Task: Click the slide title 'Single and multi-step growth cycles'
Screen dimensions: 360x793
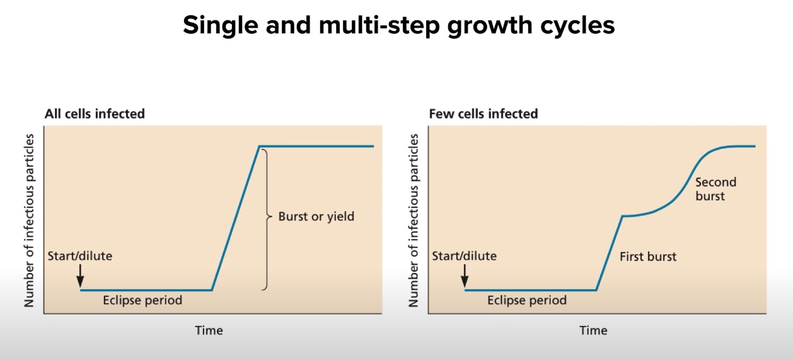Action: (398, 26)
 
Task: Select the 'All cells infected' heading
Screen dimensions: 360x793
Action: (95, 114)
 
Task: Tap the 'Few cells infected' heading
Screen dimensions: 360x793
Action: (483, 114)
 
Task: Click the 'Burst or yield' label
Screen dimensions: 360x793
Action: (316, 217)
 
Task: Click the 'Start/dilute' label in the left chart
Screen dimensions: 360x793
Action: (80, 256)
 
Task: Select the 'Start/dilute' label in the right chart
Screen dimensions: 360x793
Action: (465, 256)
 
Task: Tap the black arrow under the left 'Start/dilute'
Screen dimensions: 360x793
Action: (80, 276)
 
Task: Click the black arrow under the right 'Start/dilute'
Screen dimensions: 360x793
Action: (465, 276)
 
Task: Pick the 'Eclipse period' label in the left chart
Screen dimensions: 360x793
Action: (142, 300)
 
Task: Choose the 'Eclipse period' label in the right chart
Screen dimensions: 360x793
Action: (527, 300)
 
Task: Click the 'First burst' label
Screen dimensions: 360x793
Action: (648, 257)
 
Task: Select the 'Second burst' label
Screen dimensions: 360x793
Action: (715, 189)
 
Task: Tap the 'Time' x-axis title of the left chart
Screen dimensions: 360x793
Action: (209, 330)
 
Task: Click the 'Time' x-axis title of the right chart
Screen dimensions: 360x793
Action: (593, 330)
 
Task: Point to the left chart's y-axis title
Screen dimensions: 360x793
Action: (29, 221)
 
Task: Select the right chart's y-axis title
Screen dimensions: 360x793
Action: (414, 221)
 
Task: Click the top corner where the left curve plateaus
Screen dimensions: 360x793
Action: (259, 146)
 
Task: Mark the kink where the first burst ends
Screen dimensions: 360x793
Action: (623, 216)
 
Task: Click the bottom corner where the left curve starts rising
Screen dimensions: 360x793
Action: (211, 290)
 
